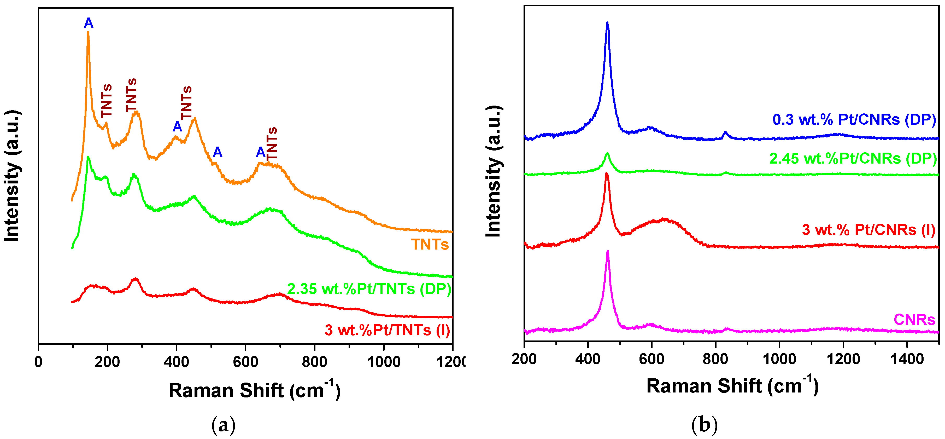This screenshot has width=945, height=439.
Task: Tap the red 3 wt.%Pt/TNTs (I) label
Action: (387, 330)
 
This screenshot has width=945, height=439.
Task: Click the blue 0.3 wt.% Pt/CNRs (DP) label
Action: (854, 120)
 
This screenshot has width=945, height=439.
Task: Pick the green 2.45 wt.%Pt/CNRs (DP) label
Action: (853, 159)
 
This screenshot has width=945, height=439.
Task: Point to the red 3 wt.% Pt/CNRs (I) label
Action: (868, 230)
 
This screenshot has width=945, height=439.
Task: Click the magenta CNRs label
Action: (914, 319)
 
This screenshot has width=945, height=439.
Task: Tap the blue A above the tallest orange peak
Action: (89, 23)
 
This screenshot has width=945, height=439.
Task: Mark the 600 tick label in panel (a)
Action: (245, 362)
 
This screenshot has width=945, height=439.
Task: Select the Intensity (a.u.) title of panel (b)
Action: (494, 171)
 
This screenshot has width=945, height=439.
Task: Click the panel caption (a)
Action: (224, 425)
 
